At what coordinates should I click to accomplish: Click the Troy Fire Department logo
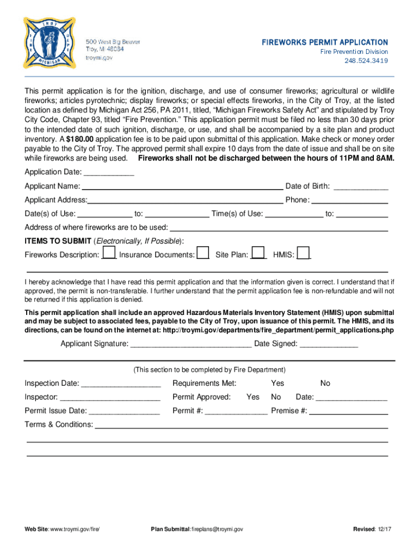[x=46, y=43]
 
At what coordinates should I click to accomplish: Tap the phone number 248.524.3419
[x=366, y=60]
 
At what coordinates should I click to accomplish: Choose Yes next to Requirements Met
[x=278, y=383]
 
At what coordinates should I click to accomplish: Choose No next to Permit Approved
[x=276, y=397]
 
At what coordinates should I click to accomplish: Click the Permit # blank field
[x=236, y=411]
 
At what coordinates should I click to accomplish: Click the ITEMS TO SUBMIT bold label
[x=58, y=241]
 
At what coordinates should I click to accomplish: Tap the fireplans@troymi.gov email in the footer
[x=217, y=529]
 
